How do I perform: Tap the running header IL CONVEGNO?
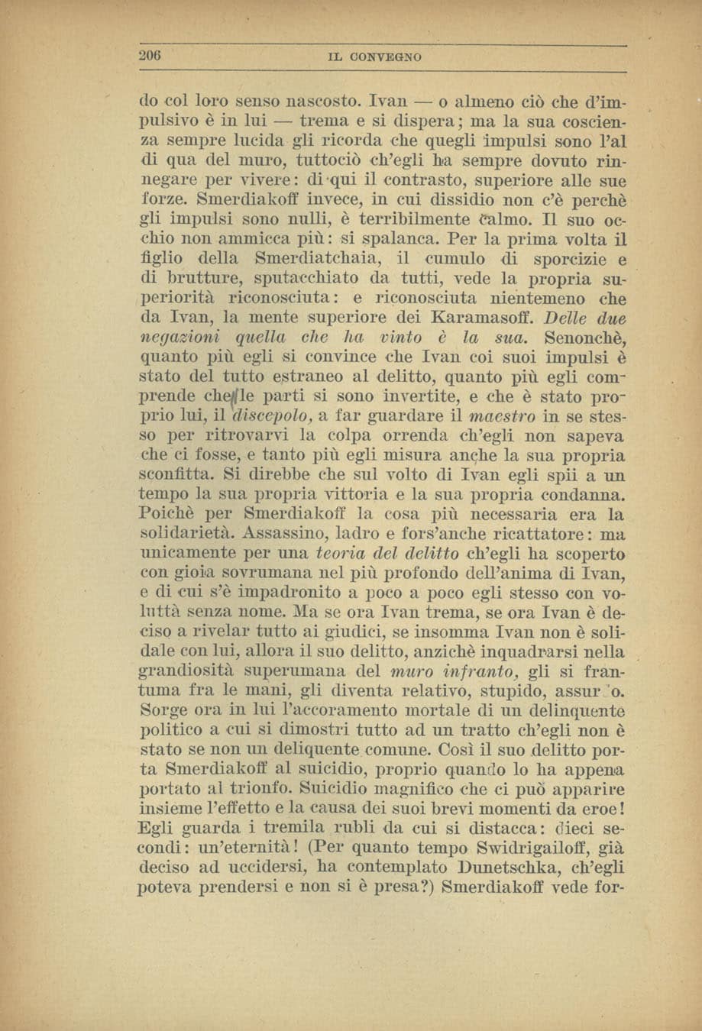pyautogui.click(x=374, y=57)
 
